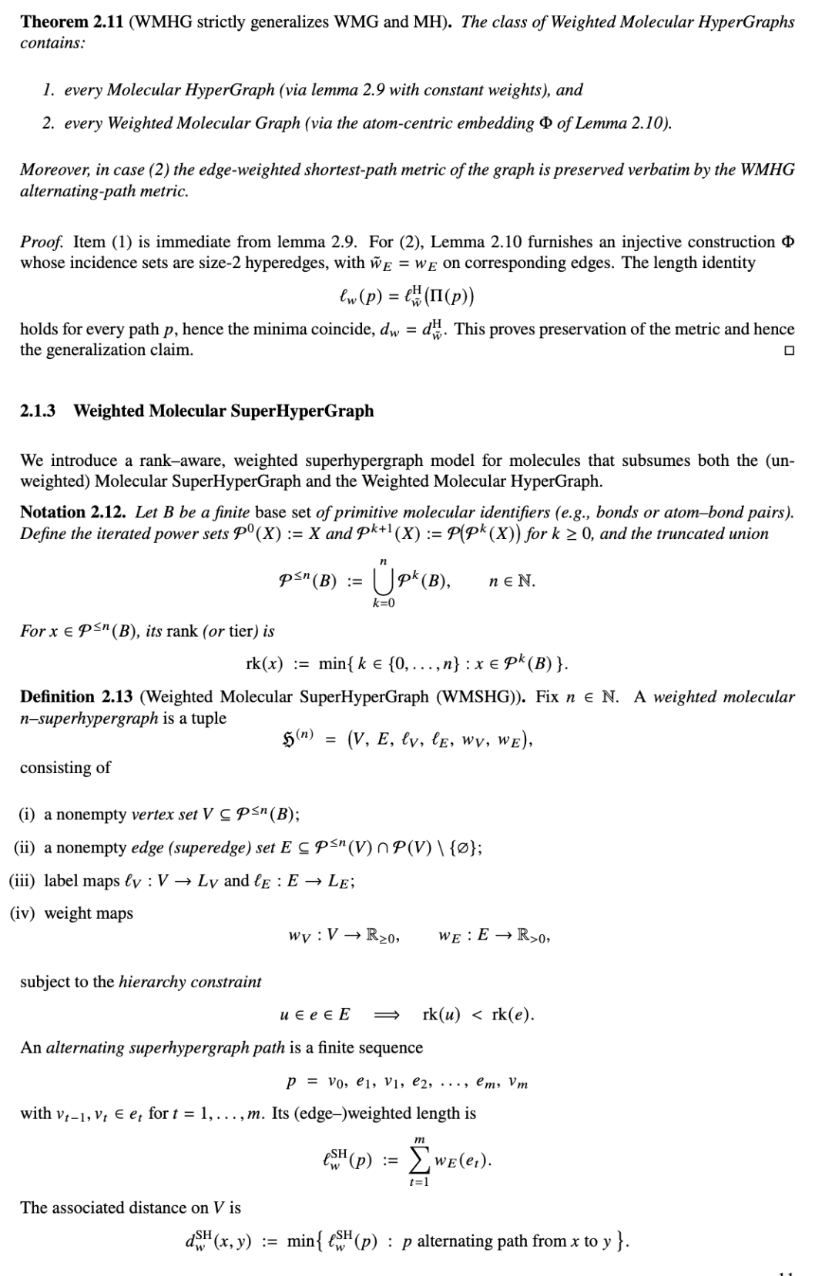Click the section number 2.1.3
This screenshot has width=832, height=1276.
point(38,410)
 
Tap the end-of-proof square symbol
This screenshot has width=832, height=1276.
point(787,351)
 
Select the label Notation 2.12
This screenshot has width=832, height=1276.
point(75,512)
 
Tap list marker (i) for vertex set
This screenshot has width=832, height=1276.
point(27,814)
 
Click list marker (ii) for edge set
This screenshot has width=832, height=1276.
point(25,847)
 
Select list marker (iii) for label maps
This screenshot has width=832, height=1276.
point(23,880)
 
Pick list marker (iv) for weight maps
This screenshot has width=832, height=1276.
point(23,913)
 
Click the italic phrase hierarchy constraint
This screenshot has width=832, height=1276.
point(190,982)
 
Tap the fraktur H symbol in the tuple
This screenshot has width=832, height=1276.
point(282,740)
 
